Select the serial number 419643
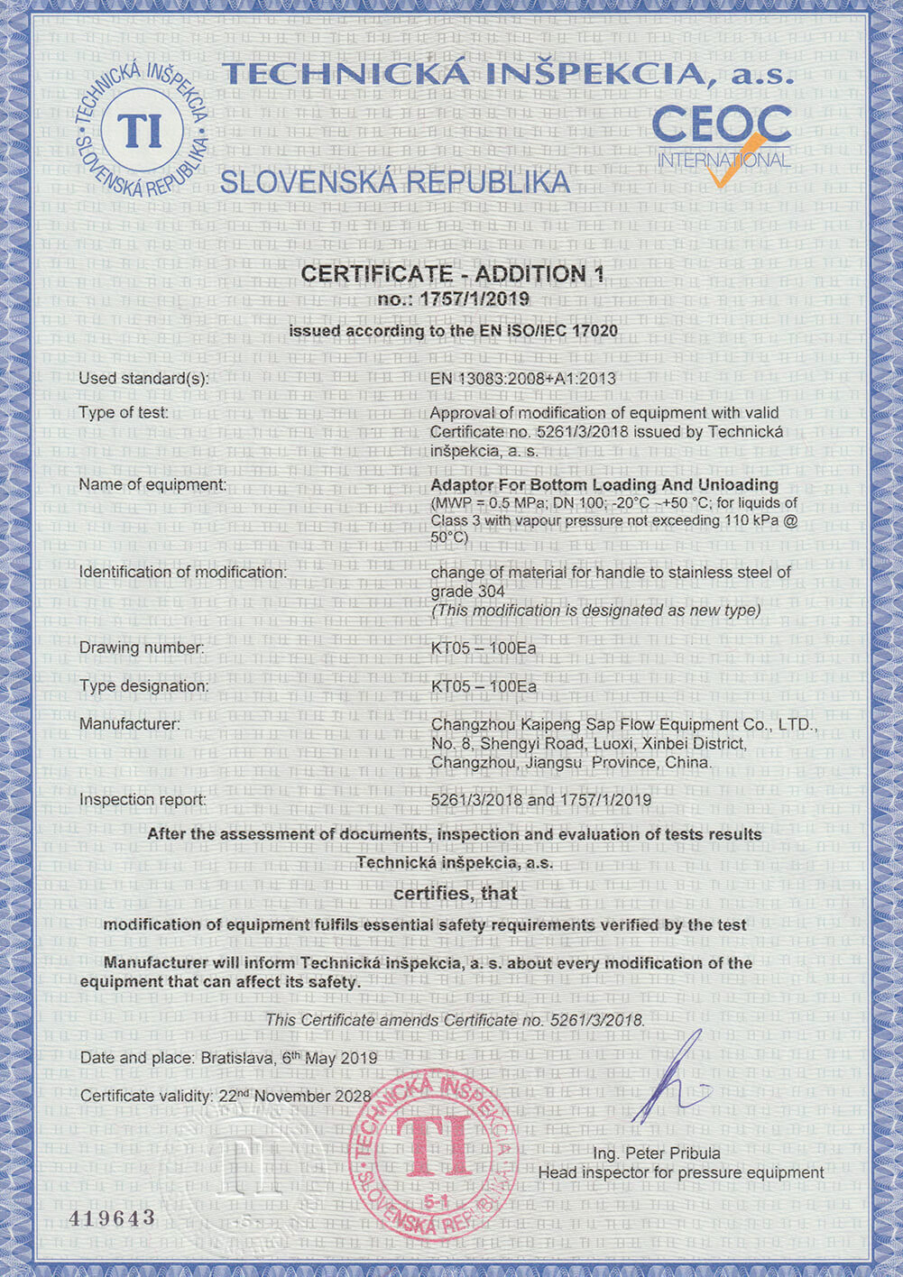pos(113,1218)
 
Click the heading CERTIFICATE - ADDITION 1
pos(452,274)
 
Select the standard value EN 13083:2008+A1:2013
pos(523,379)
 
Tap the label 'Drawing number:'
pos(142,648)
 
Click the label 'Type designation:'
pos(143,686)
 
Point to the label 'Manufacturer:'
pos(130,724)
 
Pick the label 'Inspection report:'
pos(143,800)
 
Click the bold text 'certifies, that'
pos(456,894)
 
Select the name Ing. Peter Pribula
pos(657,1153)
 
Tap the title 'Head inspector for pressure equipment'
pos(681,1173)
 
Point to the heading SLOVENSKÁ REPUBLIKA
pos(395,182)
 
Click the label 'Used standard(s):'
pos(143,379)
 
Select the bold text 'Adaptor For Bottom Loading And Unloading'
pos(604,485)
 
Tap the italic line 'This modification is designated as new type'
pos(596,611)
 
